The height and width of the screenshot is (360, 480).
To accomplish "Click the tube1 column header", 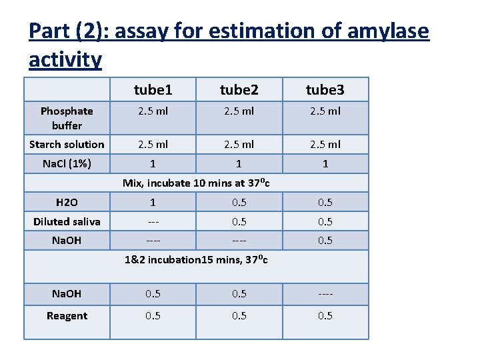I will tap(153, 89).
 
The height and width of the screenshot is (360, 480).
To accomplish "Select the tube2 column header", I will tap(239, 89).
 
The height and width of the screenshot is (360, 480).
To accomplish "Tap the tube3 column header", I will tap(325, 89).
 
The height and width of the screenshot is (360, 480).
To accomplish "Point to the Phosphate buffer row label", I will tap(67, 118).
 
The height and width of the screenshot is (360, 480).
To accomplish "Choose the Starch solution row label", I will tap(67, 144).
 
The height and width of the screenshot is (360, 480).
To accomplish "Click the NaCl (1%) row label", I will tap(67, 163).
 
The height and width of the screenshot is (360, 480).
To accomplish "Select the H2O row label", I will tap(67, 202).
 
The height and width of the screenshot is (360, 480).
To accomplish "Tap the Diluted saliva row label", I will tap(67, 221).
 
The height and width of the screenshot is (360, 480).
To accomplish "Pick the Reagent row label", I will tap(67, 315).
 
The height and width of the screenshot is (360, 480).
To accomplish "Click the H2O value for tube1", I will tap(153, 202).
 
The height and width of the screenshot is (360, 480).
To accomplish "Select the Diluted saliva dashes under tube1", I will tap(153, 221).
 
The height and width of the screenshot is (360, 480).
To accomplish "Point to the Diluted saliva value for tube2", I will tap(239, 221).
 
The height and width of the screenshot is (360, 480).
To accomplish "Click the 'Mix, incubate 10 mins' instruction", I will tap(196, 183).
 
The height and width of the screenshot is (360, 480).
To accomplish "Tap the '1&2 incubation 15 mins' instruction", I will tap(196, 259).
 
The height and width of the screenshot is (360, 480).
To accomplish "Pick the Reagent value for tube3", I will tap(325, 315).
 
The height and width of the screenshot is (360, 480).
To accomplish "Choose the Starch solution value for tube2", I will tap(239, 144).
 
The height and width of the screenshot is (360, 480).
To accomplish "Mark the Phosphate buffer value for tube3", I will tap(325, 111).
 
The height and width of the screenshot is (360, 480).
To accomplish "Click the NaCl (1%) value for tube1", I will tap(153, 163).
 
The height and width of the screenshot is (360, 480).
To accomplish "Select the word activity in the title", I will tap(65, 60).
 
